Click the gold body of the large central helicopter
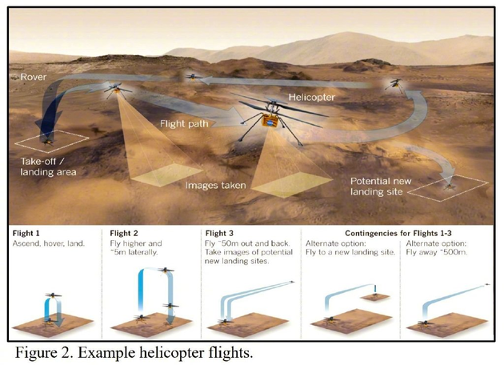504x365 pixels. pyautogui.click(x=273, y=122)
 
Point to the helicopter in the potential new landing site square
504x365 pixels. pyautogui.click(x=450, y=185)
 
